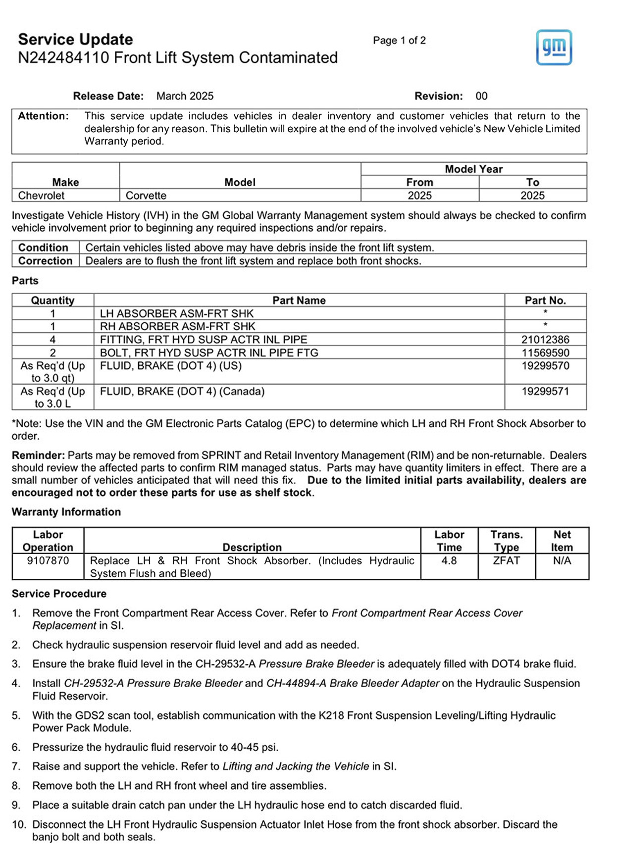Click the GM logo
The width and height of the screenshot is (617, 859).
tap(554, 48)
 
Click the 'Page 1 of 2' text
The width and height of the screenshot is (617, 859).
tap(399, 41)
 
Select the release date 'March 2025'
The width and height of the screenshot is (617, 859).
tap(185, 96)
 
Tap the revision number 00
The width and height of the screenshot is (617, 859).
tap(481, 96)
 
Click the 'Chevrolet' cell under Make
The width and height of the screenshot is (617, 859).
tap(41, 196)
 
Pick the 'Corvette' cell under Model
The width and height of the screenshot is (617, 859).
tap(146, 196)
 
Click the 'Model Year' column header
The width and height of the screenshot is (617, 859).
tap(473, 169)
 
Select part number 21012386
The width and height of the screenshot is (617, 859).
tap(545, 340)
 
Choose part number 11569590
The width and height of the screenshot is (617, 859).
tap(545, 353)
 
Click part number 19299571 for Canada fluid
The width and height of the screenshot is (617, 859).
tap(545, 392)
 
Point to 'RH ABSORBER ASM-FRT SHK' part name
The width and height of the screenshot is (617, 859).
tap(177, 327)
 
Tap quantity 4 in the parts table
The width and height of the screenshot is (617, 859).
tap(52, 340)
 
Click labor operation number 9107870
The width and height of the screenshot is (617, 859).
tap(48, 561)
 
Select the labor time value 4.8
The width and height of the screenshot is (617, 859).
tap(449, 561)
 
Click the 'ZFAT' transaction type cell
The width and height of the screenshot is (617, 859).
tap(506, 561)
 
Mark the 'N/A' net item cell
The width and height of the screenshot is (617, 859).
tap(562, 561)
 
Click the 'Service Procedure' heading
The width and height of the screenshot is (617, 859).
tap(59, 594)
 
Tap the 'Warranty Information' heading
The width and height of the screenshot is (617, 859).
tap(66, 512)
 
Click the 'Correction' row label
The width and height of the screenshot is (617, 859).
tap(45, 261)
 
